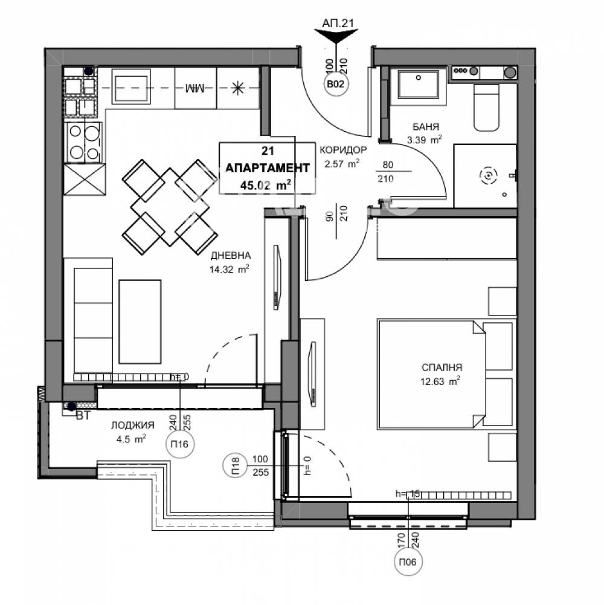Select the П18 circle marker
pyautogui.click(x=235, y=465)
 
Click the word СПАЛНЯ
pyautogui.click(x=442, y=367)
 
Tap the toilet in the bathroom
pyautogui.click(x=487, y=109)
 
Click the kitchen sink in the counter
pyautogui.click(x=130, y=88)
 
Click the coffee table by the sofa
pyautogui.click(x=140, y=321)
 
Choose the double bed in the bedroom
pyautogui.click(x=431, y=372)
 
